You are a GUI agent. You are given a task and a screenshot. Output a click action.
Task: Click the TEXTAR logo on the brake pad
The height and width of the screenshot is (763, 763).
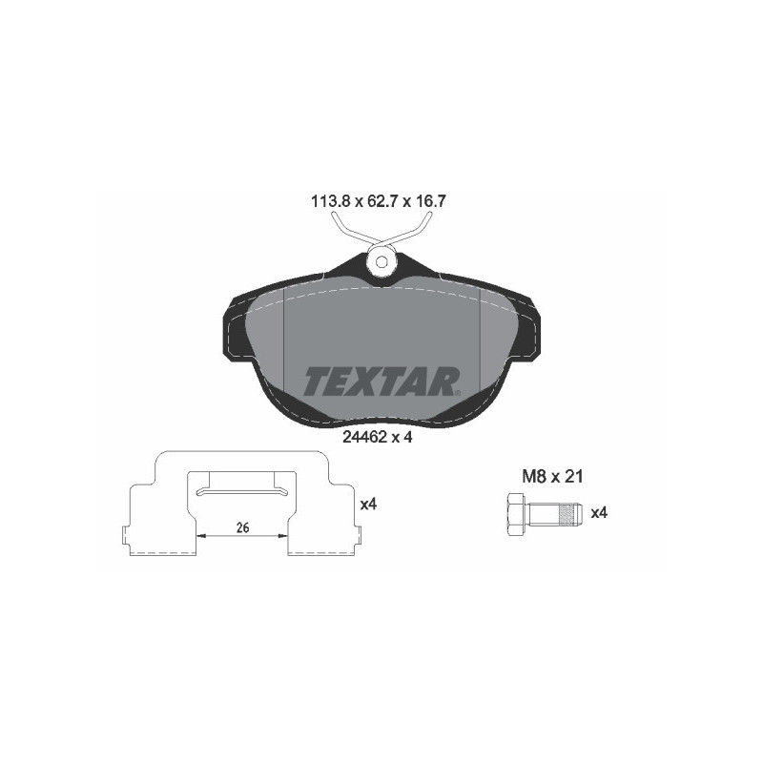(x=381, y=381)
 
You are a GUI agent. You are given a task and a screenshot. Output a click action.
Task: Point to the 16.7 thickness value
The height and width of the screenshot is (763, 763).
(x=434, y=202)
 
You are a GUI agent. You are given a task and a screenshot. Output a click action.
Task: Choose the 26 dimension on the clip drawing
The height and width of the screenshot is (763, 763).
(x=242, y=527)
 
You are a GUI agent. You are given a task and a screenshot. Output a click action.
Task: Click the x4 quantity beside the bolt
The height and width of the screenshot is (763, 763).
(x=599, y=513)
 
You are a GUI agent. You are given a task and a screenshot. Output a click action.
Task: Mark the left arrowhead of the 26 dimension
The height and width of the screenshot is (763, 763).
(x=202, y=536)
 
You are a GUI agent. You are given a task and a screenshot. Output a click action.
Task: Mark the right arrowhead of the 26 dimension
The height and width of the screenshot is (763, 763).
(x=283, y=536)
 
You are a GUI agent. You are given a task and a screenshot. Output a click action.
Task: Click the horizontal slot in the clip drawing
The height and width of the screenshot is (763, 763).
(x=242, y=491)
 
